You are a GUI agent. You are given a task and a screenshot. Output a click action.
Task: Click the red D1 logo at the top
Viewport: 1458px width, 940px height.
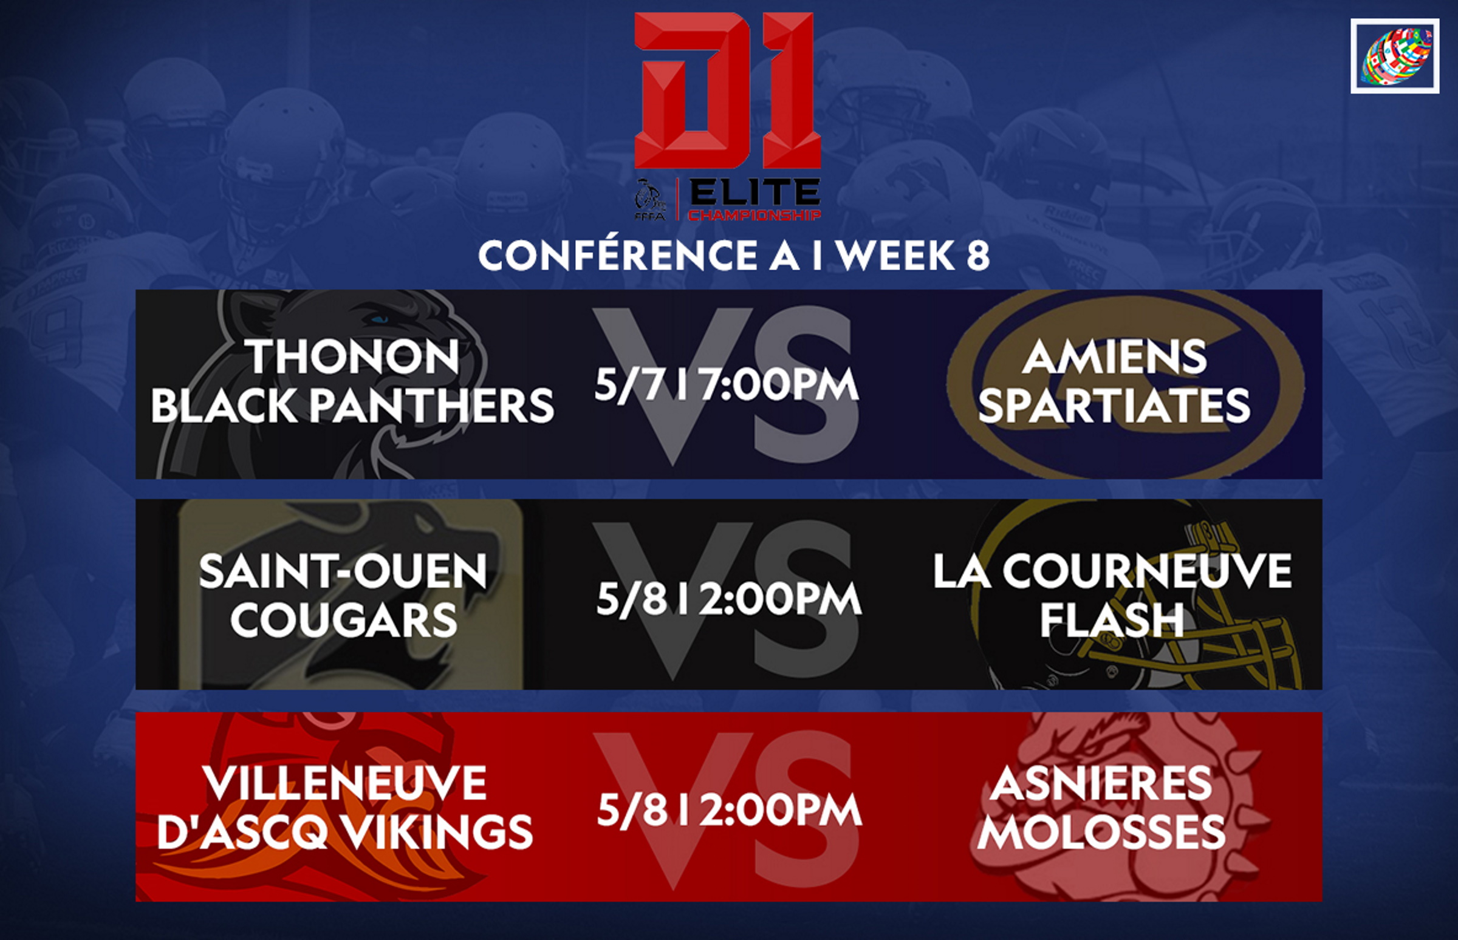click(728, 90)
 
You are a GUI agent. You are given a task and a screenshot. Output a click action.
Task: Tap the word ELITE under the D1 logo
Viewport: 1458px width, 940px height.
click(755, 194)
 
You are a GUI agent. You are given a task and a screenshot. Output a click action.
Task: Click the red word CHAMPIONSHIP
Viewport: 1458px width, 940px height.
click(755, 215)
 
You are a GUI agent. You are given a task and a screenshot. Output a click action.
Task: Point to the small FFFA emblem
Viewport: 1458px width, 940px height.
click(650, 200)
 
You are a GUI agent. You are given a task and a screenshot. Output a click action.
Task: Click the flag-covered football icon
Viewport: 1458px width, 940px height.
click(1395, 56)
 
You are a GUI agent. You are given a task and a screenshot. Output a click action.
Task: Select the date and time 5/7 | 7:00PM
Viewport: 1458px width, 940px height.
click(727, 384)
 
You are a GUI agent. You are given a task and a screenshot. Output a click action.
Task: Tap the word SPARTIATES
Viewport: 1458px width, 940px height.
click(1114, 406)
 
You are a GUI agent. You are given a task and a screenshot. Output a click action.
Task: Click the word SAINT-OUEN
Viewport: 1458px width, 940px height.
click(343, 571)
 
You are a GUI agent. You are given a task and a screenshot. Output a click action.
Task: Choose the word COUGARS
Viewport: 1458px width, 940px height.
click(344, 620)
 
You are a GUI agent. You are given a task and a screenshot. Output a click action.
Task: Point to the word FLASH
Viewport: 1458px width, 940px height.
click(1112, 620)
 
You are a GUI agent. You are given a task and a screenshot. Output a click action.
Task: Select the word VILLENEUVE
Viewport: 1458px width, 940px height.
click(345, 783)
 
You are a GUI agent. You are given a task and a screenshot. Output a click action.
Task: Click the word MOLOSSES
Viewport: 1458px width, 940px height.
click(1101, 832)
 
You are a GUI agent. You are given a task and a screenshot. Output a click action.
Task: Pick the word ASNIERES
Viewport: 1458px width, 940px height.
click(1101, 783)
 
